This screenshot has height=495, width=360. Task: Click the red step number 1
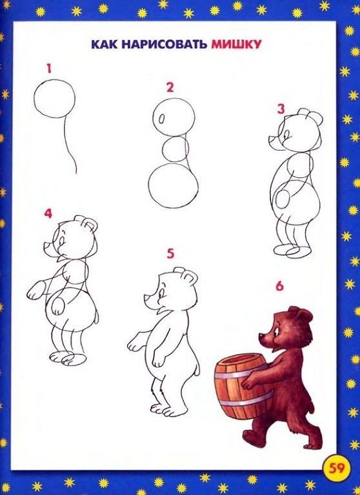pyautogui.click(x=48, y=67)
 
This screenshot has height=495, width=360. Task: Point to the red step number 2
pyautogui.click(x=170, y=87)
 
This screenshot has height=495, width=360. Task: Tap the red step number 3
pyautogui.click(x=281, y=109)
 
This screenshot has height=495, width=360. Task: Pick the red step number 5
pyautogui.click(x=170, y=253)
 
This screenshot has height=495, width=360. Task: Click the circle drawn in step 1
pyautogui.click(x=54, y=100)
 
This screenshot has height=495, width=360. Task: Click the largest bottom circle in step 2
pyautogui.click(x=173, y=185)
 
